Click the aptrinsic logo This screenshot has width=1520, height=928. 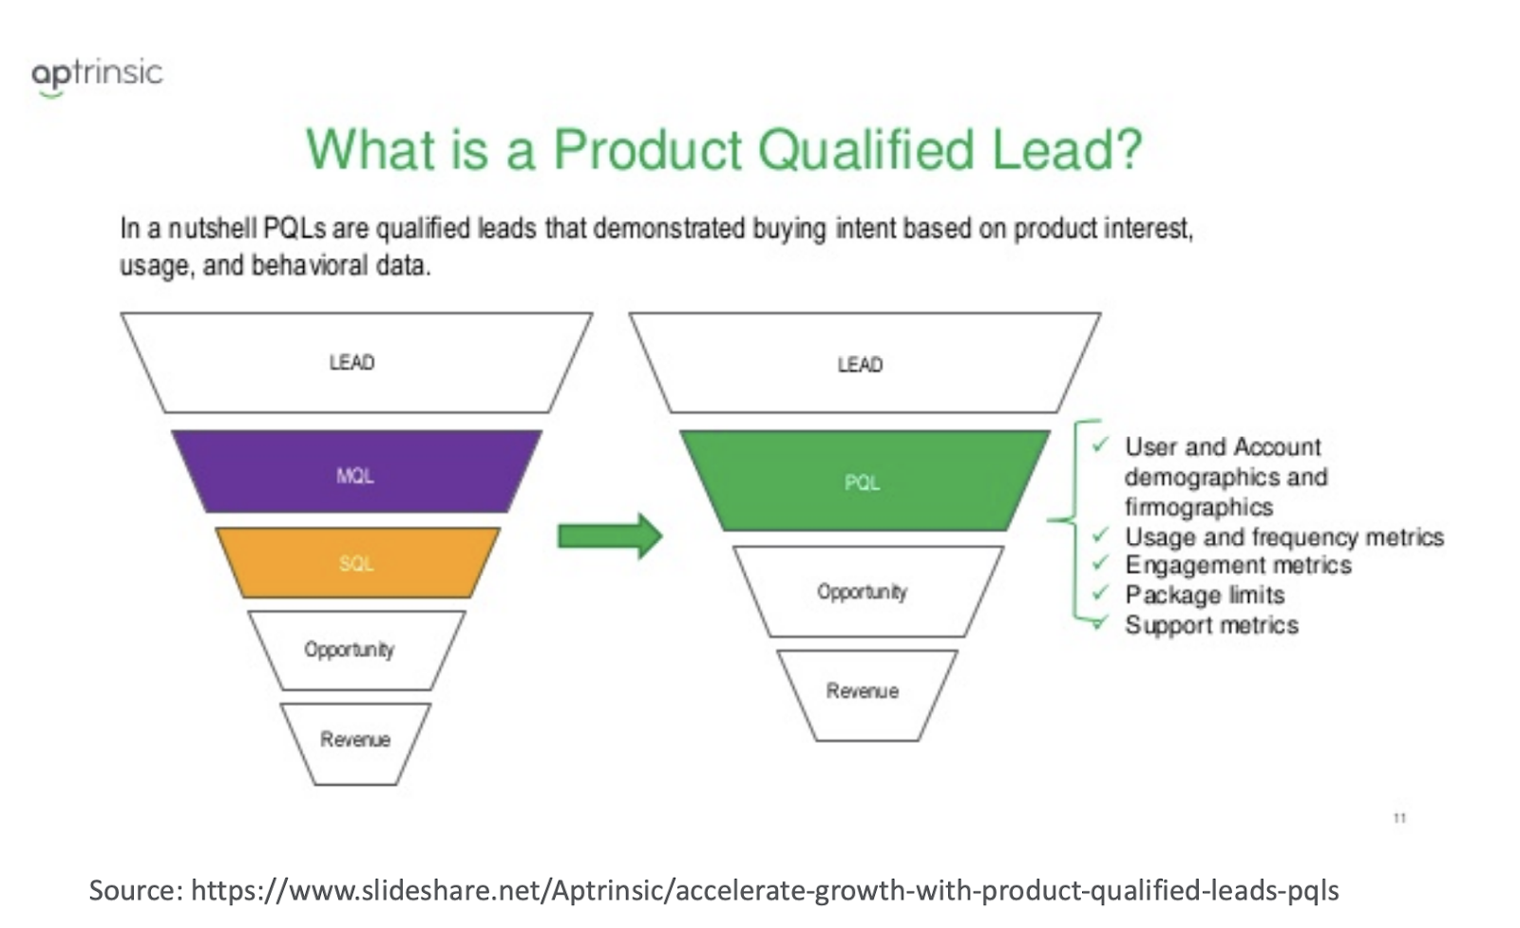tap(97, 76)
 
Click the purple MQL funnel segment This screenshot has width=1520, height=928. tap(356, 471)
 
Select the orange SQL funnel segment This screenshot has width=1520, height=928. tap(357, 563)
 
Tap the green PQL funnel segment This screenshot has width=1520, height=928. tap(864, 481)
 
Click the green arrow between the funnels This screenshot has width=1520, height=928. tap(609, 536)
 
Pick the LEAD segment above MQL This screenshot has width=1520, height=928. tap(356, 363)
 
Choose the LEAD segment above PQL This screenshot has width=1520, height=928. tap(864, 363)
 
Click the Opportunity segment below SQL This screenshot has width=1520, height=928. tap(356, 651)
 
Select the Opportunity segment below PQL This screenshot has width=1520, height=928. tap(868, 592)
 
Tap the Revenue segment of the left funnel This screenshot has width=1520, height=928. tap(355, 744)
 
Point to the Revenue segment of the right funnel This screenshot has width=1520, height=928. tap(867, 695)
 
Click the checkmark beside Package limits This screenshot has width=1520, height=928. tap(1100, 594)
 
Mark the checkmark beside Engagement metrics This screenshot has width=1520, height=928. tap(1100, 563)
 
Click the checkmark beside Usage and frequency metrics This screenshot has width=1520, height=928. tap(1100, 535)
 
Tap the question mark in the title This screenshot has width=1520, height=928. tap(1129, 148)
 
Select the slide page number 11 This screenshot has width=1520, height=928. tap(1399, 818)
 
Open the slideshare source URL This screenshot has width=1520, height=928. tap(765, 890)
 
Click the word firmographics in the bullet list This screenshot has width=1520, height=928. tap(1198, 507)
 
